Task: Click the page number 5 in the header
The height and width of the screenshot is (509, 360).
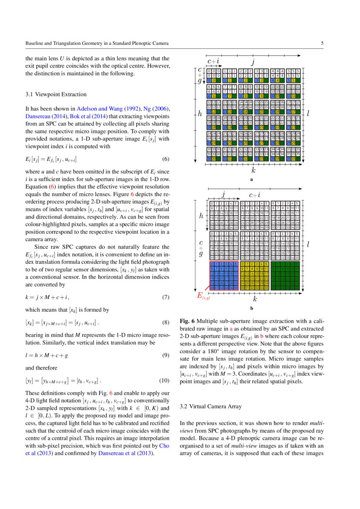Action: click(322, 44)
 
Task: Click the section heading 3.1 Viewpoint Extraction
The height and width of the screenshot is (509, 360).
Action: click(56, 94)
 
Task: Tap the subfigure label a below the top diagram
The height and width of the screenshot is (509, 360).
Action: click(252, 179)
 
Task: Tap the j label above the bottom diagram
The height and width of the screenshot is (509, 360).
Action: click(223, 193)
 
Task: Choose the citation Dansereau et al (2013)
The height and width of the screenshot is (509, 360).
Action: click(135, 452)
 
